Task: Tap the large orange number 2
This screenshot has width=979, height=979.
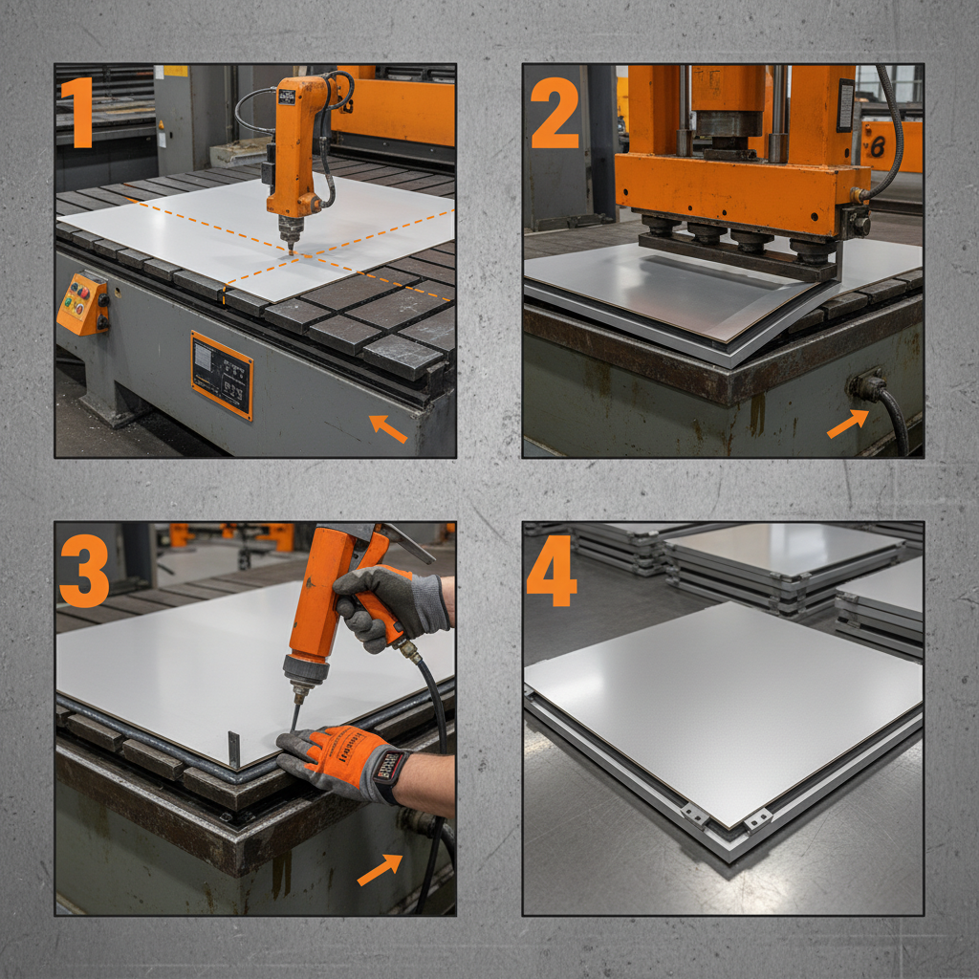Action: pos(555,113)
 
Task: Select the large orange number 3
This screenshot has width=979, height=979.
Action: pos(83,571)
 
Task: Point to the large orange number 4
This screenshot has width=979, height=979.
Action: pos(552,571)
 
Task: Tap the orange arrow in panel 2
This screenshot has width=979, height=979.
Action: pos(847,424)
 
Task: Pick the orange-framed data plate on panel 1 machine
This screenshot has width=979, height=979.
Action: pos(222,374)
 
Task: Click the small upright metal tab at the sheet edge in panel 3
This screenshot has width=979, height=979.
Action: pos(234,748)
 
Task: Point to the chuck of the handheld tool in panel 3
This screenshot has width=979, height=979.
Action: pos(298,685)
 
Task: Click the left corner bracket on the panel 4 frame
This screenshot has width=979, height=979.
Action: pos(695,814)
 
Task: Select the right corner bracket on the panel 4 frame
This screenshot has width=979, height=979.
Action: pos(759,818)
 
